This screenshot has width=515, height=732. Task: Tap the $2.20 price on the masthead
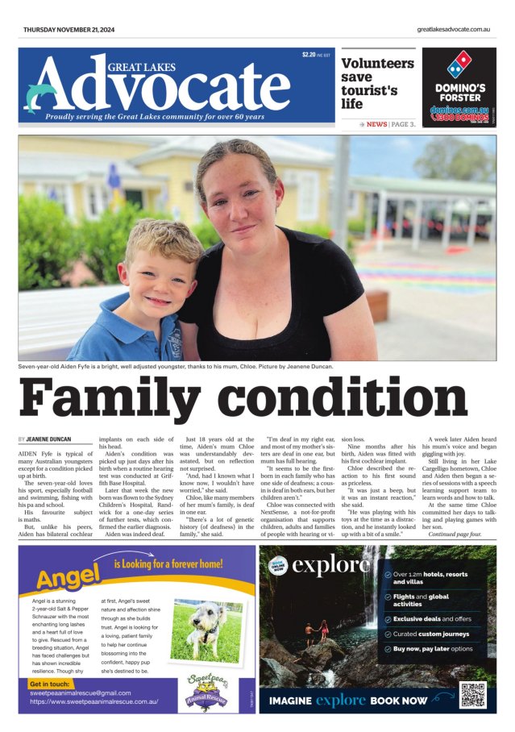pyautogui.click(x=309, y=55)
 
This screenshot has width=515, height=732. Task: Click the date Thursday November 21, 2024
pyautogui.click(x=70, y=30)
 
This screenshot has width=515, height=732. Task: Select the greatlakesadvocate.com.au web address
pyautogui.click(x=454, y=30)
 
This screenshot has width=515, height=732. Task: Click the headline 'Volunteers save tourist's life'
pyautogui.click(x=370, y=83)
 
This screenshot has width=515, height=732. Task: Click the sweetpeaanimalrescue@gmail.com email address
pyautogui.click(x=80, y=692)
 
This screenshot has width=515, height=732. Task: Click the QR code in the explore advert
pyautogui.click(x=473, y=693)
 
